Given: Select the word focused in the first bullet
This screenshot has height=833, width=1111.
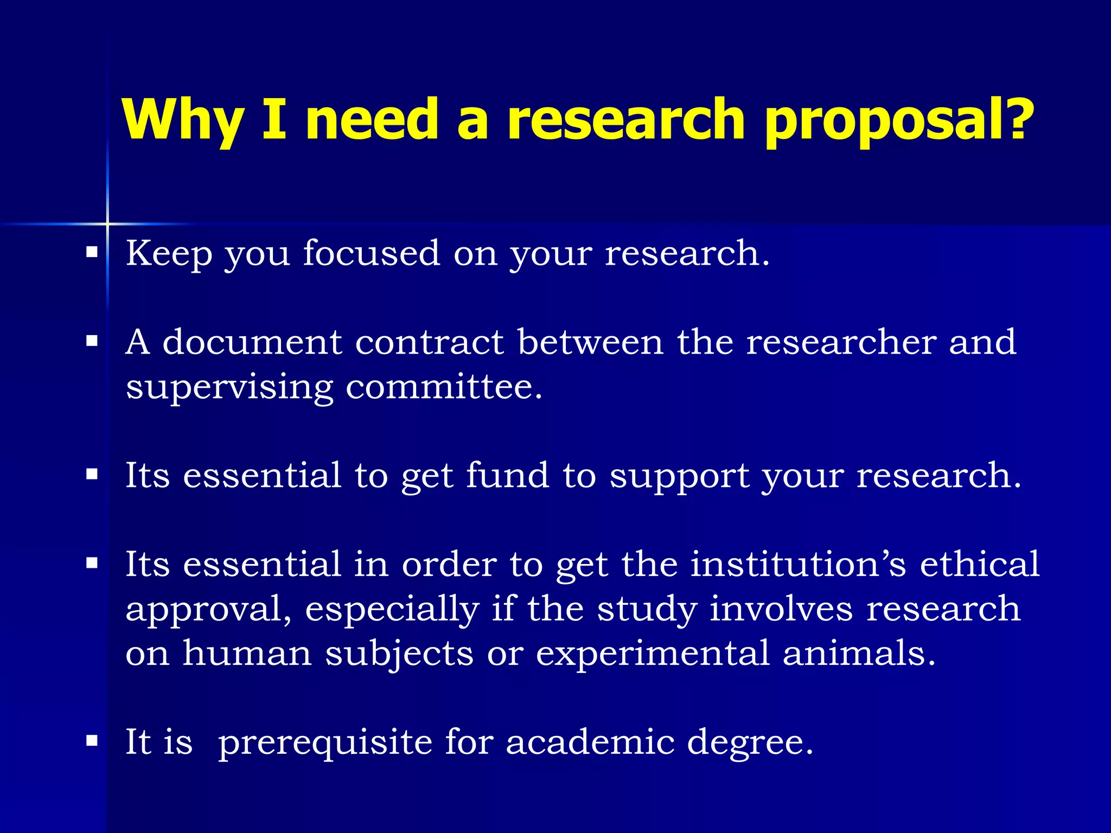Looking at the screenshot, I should point(371,253).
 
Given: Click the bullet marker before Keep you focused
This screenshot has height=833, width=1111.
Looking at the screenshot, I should point(92,252).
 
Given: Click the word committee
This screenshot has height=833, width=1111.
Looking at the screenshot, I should point(443,387).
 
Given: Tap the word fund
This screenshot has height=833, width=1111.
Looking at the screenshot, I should point(508,475).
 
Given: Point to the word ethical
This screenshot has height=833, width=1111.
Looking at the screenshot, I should point(980,564).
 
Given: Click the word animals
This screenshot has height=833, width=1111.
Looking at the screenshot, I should point(859,653).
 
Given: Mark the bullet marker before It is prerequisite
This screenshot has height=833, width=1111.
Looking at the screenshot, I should point(92,741).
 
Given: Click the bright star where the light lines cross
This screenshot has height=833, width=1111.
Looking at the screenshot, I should point(107,223).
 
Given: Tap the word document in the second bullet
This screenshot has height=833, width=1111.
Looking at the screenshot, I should point(252,343).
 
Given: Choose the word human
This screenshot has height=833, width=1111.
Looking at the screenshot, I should point(247,653).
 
